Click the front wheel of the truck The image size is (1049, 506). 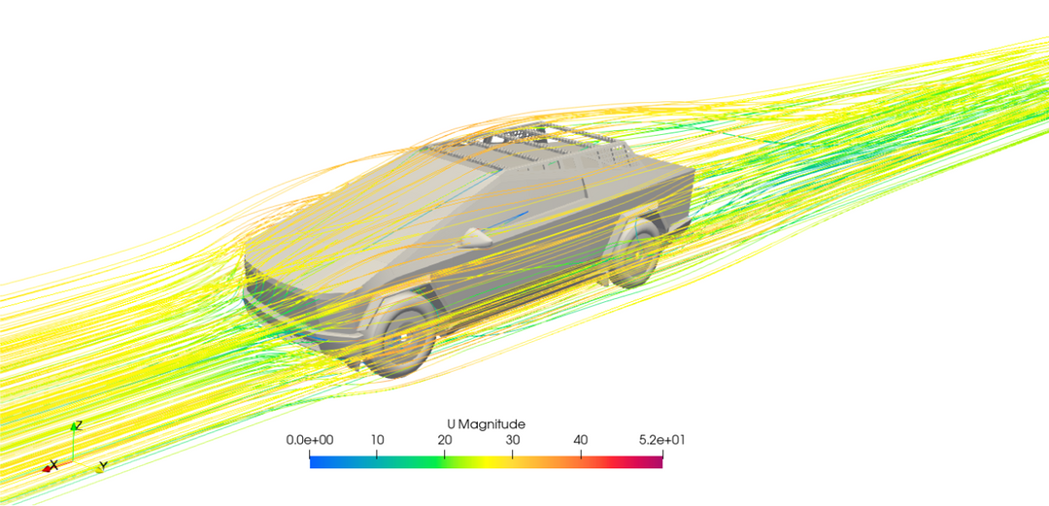[x=406, y=339]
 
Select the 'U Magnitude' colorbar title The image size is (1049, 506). [x=486, y=424]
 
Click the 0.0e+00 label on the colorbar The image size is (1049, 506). [x=310, y=440]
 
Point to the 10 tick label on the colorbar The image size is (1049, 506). [x=377, y=440]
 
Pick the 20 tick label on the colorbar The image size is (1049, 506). [x=444, y=440]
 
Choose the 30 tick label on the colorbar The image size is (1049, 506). [x=513, y=440]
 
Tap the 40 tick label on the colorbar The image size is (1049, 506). [x=581, y=440]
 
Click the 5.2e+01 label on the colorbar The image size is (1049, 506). [x=661, y=440]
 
